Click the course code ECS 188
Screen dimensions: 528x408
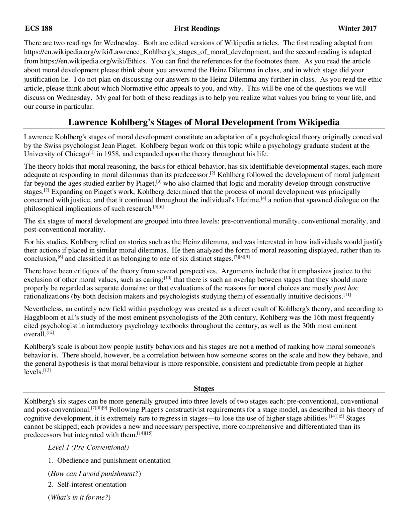(39, 29)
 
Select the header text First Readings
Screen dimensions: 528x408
(197, 29)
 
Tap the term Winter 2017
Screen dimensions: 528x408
(357, 29)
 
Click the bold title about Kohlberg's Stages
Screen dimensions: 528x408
(204, 122)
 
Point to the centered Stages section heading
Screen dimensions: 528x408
(204, 388)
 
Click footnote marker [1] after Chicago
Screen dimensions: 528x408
(92, 153)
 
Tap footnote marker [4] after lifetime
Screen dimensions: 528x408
(263, 199)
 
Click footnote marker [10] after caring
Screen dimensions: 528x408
(168, 278)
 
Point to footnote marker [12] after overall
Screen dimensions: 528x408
(50, 333)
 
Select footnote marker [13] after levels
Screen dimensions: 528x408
(47, 370)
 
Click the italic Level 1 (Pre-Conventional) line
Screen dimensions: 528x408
(88, 447)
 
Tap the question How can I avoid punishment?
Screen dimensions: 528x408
(94, 473)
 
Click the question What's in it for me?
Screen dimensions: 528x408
(79, 497)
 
